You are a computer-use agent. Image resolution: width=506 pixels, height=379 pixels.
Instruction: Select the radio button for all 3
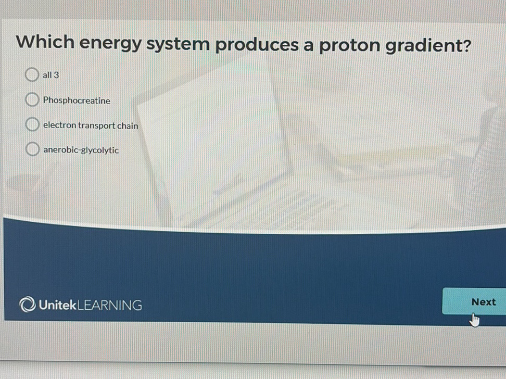tap(32, 75)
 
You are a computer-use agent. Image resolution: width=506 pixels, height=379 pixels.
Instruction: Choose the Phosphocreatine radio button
tap(32, 100)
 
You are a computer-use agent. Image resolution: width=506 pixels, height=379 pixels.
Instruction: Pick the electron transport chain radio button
tap(32, 125)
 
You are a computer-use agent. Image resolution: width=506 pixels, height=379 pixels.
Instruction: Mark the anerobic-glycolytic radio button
tap(32, 150)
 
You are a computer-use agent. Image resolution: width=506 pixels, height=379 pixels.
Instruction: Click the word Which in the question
tap(45, 42)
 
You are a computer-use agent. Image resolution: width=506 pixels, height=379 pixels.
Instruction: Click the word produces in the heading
tap(258, 46)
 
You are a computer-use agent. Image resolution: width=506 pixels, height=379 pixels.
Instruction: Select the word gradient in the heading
tap(422, 47)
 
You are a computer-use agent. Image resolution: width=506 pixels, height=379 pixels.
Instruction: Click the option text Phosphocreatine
tap(77, 100)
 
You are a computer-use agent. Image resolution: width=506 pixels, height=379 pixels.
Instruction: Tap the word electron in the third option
tap(59, 125)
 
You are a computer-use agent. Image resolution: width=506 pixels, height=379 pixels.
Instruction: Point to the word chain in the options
tap(128, 125)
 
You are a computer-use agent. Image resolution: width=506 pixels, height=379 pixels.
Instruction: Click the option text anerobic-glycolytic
tap(81, 150)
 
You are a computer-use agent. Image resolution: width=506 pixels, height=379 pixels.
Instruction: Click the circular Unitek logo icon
tap(27, 305)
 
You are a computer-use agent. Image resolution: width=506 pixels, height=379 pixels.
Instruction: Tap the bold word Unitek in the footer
tap(57, 305)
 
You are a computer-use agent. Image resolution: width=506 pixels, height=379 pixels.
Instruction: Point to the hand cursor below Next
tap(474, 319)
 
